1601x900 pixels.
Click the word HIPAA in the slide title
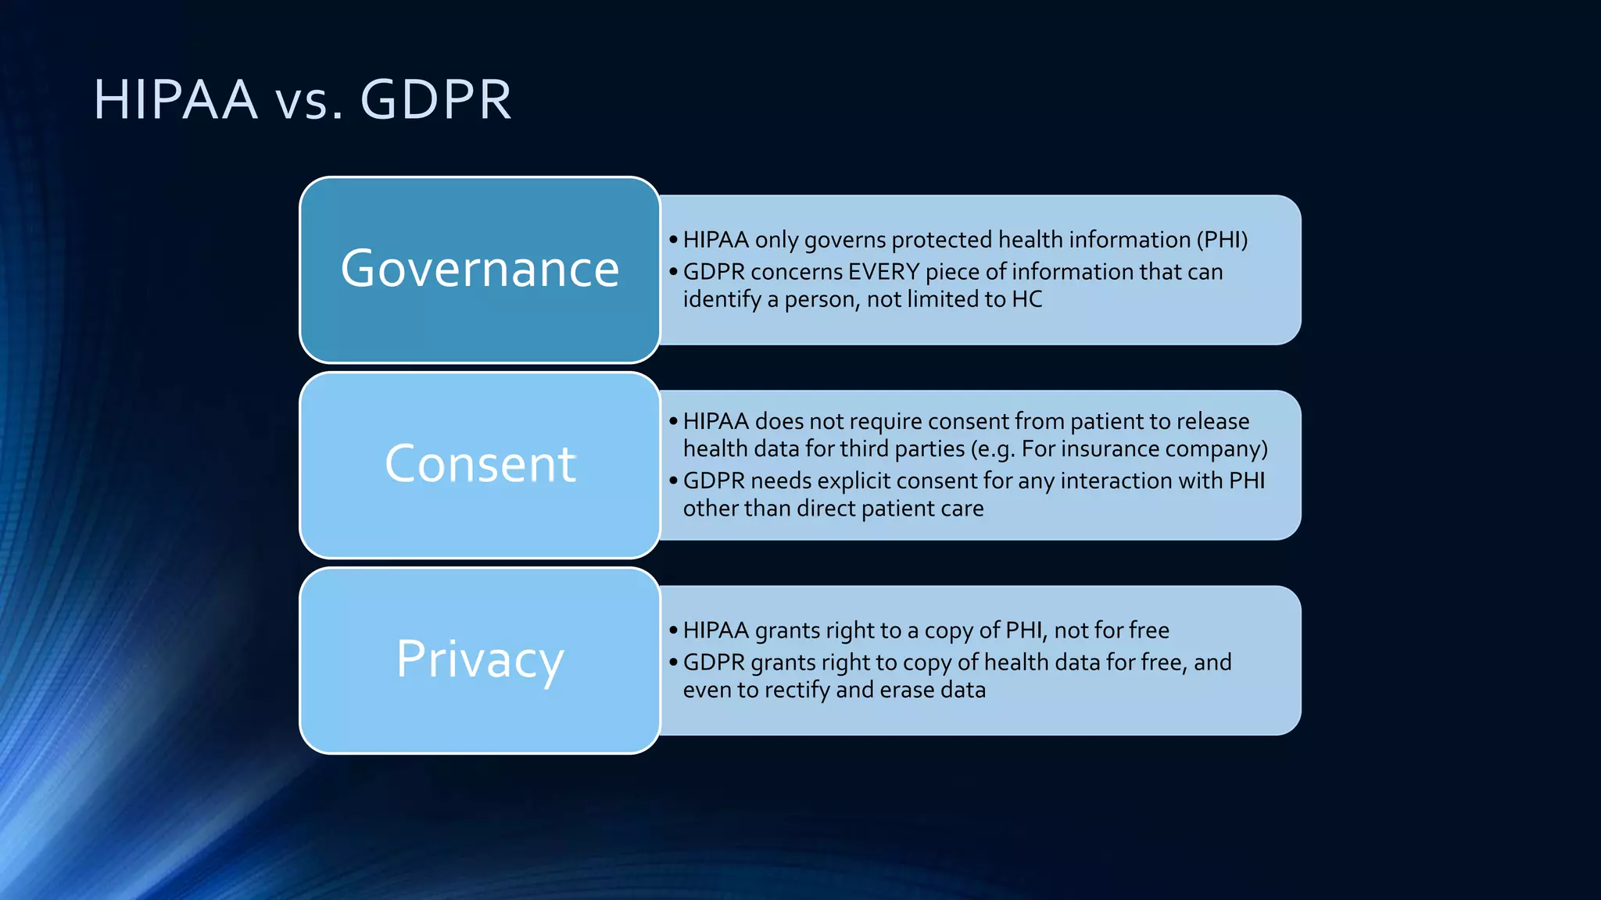[x=175, y=100]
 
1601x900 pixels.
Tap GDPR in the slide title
[x=435, y=100]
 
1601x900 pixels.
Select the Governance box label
[x=480, y=269]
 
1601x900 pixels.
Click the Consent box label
[x=480, y=464]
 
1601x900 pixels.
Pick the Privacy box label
[x=480, y=659]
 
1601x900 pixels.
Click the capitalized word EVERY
[x=883, y=272]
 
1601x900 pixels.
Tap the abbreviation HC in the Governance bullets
[x=1027, y=299]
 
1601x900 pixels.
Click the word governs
[x=844, y=241]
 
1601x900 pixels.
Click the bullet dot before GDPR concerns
[x=673, y=272]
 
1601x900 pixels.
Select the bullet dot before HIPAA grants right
[x=673, y=630]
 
